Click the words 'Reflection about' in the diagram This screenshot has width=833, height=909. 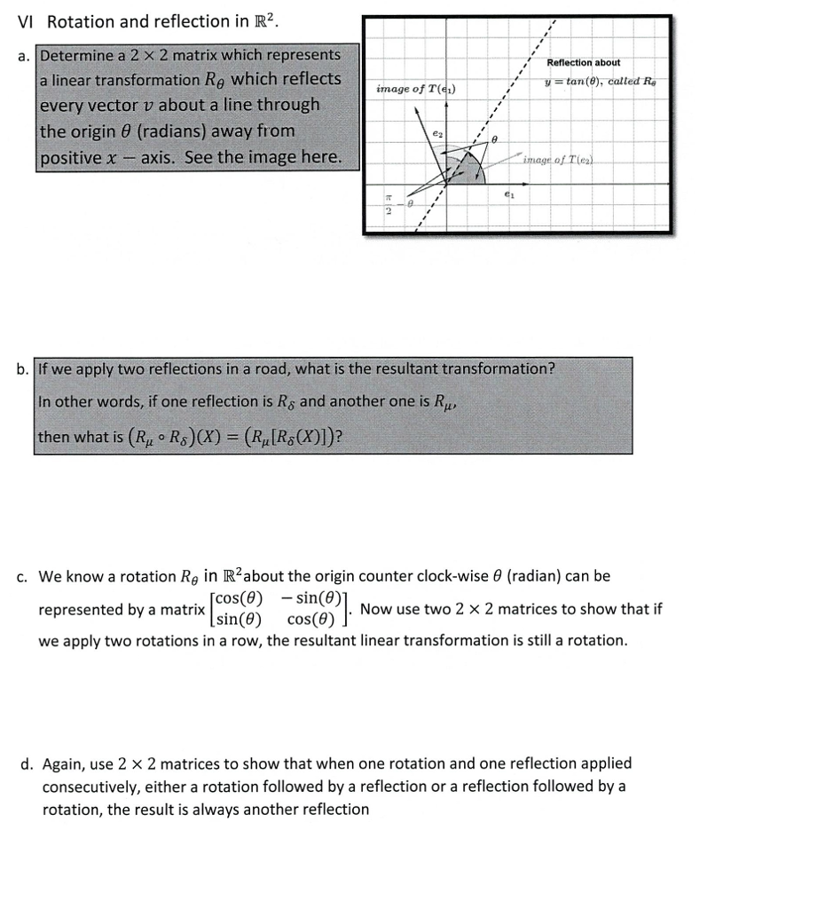(x=583, y=62)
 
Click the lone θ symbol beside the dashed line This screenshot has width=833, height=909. (x=495, y=139)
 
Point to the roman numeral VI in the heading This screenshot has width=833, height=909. (x=25, y=21)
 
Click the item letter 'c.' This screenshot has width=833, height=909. (x=24, y=577)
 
